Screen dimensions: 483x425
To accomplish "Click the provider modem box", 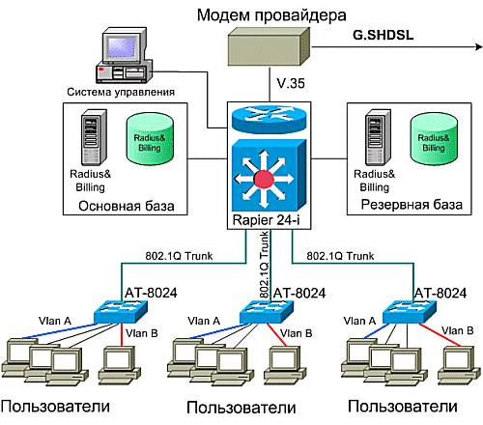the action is coord(269,46).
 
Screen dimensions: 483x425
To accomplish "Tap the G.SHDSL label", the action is coord(383,35).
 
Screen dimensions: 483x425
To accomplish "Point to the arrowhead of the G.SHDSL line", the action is coord(479,47).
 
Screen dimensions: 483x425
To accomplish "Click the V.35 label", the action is coord(291,83).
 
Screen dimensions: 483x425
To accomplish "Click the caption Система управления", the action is coord(121,92).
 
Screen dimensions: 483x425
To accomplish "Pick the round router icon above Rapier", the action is coord(269,118).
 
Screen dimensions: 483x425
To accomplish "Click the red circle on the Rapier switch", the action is coord(264,179).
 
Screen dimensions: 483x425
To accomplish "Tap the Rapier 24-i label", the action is coord(267,220).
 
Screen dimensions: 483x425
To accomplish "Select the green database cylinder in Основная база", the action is coord(150,139).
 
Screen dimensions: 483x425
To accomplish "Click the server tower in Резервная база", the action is coord(378,137).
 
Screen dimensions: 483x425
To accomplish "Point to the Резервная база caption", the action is coord(412,205).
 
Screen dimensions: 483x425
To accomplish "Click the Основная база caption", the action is coord(127,206).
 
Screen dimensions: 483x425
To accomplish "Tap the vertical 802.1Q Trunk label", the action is coord(264,265).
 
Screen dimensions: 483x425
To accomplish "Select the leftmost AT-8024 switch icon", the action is coord(121,312).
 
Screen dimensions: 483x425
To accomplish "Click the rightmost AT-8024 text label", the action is coord(440,293).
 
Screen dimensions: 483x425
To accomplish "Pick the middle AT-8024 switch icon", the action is coord(267,312).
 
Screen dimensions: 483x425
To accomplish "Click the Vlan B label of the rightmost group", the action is coord(457,330).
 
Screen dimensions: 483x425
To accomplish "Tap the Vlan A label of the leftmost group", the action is coord(55,321).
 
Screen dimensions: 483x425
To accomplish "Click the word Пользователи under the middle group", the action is coord(241,408).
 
